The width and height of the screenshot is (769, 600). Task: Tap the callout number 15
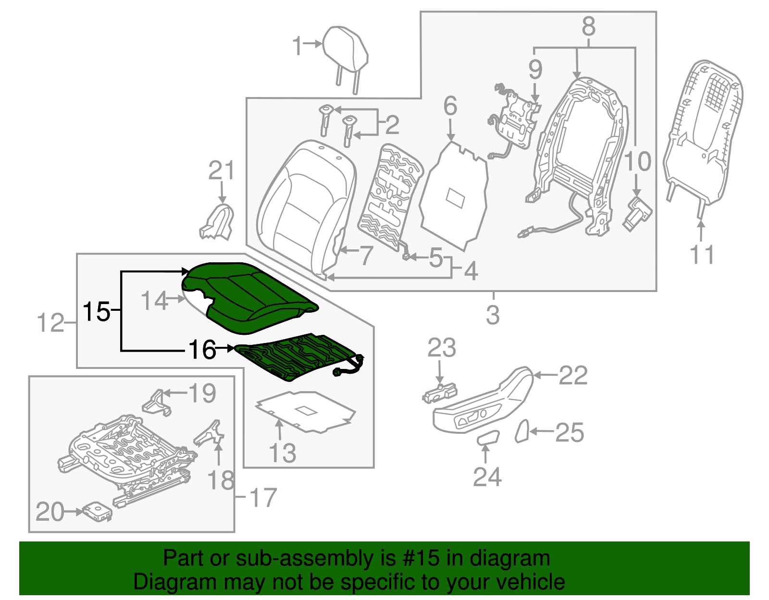pos(97,312)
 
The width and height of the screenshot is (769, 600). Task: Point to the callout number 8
pos(588,26)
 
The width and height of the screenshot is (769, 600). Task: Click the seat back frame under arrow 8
pos(582,154)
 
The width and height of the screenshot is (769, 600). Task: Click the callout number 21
pos(222,171)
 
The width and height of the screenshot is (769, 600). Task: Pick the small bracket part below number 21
pos(218,223)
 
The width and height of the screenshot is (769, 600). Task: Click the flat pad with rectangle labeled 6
pos(454,197)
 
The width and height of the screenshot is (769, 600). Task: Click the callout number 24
pos(487,477)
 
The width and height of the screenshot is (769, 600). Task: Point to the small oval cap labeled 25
pos(522,431)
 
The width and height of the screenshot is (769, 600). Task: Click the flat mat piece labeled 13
pos(305,411)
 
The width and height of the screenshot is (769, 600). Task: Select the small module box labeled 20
pos(98,512)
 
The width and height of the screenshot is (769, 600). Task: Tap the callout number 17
pos(263,498)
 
